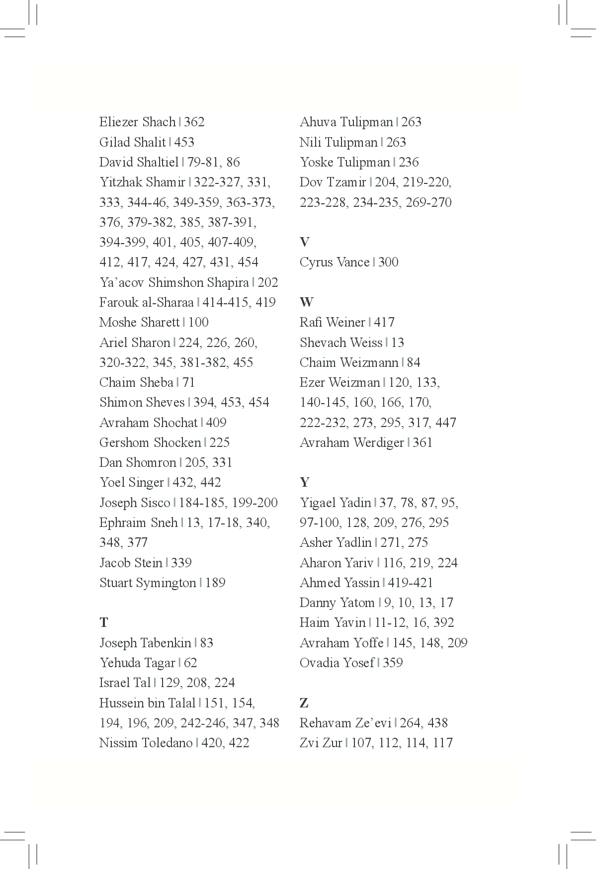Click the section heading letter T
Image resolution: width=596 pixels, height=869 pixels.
(x=103, y=622)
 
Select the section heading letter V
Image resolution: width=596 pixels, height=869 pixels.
(x=304, y=242)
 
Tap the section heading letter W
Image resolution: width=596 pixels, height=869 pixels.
(x=306, y=302)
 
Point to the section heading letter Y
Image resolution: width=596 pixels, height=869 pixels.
(x=304, y=482)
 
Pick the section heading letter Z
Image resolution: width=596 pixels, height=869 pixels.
(x=304, y=703)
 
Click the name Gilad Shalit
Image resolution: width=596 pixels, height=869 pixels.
(x=132, y=142)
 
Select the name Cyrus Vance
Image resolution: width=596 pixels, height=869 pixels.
(x=334, y=262)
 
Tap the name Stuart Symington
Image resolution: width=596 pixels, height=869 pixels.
(x=148, y=583)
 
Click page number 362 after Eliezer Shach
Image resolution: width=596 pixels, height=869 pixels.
(x=194, y=122)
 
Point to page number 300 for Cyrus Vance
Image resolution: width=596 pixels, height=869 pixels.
(x=388, y=262)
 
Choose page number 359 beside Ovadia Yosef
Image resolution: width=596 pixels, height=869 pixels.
(x=393, y=663)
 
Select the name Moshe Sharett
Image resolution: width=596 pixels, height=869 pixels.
(x=139, y=322)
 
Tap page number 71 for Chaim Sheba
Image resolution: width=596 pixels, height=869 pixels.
(x=189, y=382)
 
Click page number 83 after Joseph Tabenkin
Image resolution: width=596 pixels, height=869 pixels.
(x=206, y=643)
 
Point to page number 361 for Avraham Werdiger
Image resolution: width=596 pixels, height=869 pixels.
(x=423, y=442)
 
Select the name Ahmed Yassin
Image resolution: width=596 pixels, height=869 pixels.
(x=339, y=583)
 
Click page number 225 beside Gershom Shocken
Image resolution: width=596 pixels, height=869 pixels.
(x=220, y=442)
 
